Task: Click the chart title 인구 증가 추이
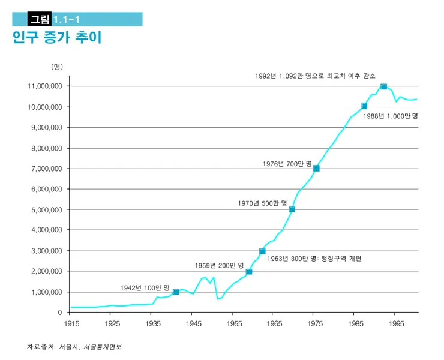pyautogui.click(x=57, y=38)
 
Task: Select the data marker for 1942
pyautogui.click(x=176, y=292)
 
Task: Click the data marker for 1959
pyautogui.click(x=249, y=272)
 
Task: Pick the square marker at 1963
pyautogui.click(x=262, y=251)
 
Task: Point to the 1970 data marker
pyautogui.click(x=292, y=209)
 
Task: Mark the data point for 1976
pyautogui.click(x=316, y=169)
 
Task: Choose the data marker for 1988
pyautogui.click(x=364, y=106)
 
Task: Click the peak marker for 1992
pyautogui.click(x=383, y=86)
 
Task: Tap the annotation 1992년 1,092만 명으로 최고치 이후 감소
pyautogui.click(x=315, y=76)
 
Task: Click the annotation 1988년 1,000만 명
pyautogui.click(x=391, y=116)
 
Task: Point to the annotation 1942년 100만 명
pyautogui.click(x=145, y=287)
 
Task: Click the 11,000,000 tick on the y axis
pyautogui.click(x=45, y=86)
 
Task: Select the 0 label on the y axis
pyautogui.click(x=59, y=313)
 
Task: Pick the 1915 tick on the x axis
pyautogui.click(x=70, y=323)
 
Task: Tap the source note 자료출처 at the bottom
pyautogui.click(x=41, y=347)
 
